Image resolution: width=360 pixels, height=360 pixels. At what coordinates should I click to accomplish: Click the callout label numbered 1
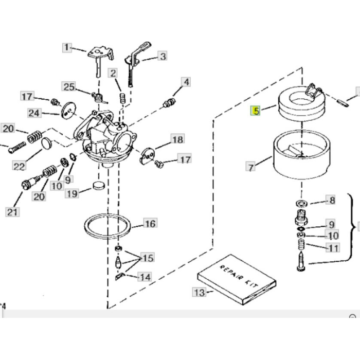pos(66,48)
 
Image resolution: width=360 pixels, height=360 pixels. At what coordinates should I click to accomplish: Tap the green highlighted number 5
pos(256,111)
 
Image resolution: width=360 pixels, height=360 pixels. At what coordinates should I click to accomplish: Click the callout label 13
pos(199,293)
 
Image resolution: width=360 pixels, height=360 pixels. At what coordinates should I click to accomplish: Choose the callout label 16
pos(150,224)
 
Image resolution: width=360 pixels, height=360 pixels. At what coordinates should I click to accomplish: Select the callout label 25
pos(69,86)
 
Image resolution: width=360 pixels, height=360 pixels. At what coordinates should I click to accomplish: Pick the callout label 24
pos(34,113)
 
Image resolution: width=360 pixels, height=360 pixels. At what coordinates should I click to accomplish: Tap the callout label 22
pos(19,166)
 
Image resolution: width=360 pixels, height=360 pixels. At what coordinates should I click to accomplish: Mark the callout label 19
pos(72,193)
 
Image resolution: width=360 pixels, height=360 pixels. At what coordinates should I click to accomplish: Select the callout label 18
pos(177,140)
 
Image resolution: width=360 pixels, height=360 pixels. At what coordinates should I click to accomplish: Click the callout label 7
pos(250,167)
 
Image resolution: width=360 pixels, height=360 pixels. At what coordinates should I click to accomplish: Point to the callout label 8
pos(331,201)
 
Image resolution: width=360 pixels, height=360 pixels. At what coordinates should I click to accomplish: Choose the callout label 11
pos(333,248)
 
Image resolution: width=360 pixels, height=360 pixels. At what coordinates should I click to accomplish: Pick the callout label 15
pos(147,258)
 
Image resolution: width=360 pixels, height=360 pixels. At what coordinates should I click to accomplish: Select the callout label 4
pos(185,82)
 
